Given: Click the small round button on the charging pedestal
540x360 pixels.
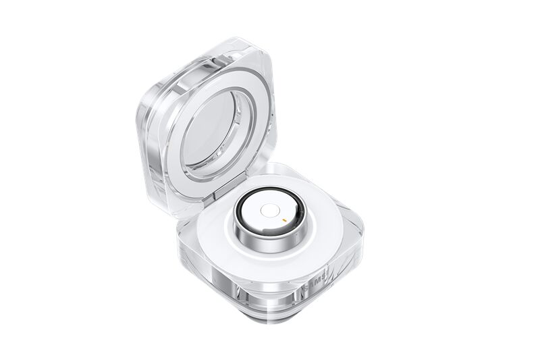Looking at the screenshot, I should pos(269,211).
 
